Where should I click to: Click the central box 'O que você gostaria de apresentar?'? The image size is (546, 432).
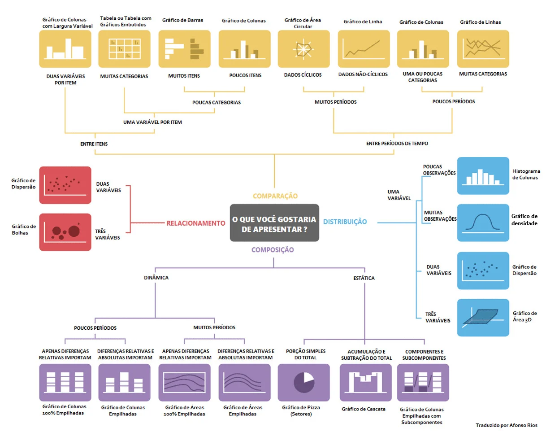(274, 223)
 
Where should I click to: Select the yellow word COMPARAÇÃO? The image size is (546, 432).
(275, 196)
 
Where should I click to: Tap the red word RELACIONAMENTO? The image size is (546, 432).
(195, 223)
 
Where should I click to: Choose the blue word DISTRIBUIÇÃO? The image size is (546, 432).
(345, 222)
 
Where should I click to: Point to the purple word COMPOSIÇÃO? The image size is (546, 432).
(273, 250)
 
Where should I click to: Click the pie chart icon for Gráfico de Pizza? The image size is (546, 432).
(304, 382)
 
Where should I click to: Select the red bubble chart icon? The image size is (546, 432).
(65, 231)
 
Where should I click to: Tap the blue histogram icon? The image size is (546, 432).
(483, 175)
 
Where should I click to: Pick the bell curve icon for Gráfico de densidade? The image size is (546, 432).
(483, 223)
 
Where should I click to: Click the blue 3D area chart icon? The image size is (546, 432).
(483, 318)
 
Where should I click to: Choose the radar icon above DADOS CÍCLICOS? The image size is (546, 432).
(303, 48)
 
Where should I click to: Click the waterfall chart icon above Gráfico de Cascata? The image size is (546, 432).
(365, 382)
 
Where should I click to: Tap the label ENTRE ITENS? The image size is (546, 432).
(94, 144)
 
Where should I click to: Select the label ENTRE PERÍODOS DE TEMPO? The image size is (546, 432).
(397, 144)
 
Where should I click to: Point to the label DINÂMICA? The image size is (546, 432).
(156, 278)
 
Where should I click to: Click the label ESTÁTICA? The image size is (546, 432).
(364, 278)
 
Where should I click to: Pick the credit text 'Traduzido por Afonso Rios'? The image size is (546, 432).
(506, 424)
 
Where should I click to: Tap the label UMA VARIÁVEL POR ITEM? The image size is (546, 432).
(152, 122)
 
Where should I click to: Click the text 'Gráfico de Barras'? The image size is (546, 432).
(182, 20)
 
